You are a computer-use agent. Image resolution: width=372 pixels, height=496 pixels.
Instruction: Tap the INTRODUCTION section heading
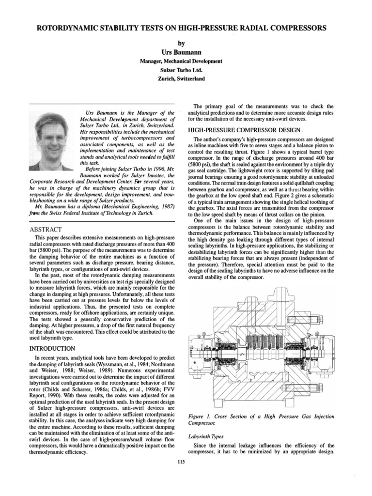point(52,348)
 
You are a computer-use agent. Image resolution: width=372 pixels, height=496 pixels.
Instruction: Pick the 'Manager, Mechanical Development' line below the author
point(181,62)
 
